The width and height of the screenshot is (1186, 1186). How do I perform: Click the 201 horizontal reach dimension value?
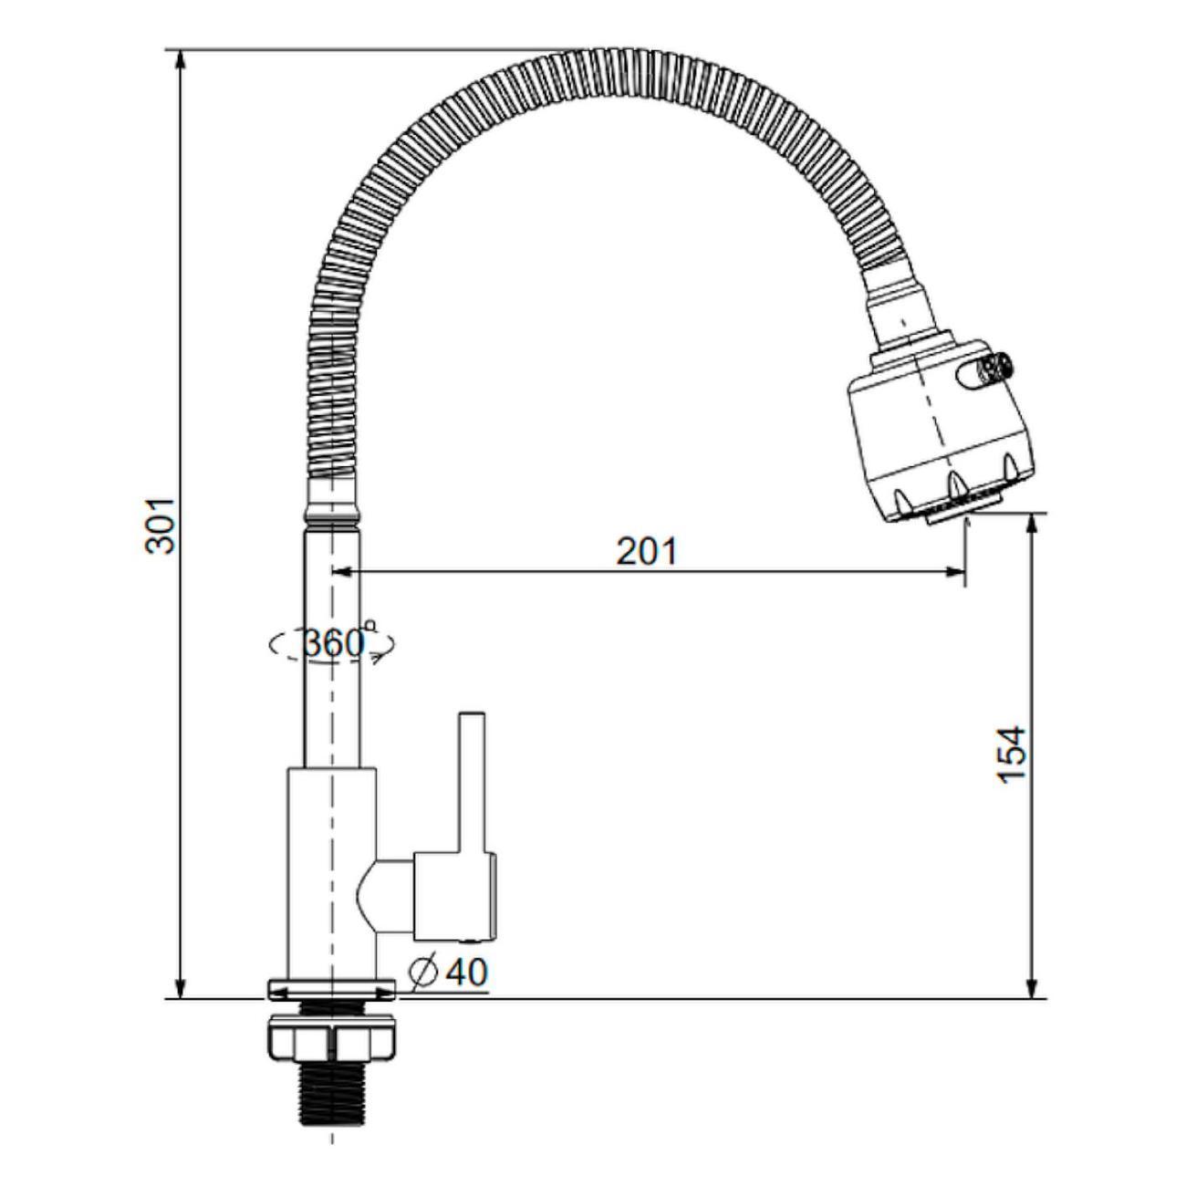[647, 551]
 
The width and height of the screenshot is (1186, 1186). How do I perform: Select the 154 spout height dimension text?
[1012, 754]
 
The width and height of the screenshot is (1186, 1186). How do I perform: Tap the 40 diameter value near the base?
[467, 973]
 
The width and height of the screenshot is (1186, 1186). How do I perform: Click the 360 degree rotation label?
[332, 643]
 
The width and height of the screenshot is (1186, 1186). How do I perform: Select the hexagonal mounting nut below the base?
[332, 1041]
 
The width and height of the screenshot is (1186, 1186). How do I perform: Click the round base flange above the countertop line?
[332, 989]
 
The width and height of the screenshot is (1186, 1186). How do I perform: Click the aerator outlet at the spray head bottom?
[949, 517]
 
